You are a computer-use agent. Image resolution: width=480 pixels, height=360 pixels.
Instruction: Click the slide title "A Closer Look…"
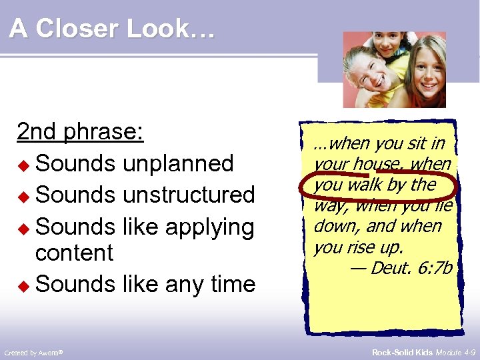click(x=112, y=29)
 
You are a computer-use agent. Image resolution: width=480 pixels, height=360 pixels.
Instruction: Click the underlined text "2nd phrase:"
click(x=80, y=132)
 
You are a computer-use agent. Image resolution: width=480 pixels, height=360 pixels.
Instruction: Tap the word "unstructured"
click(x=189, y=195)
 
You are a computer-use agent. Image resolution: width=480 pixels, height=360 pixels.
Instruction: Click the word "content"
click(x=74, y=253)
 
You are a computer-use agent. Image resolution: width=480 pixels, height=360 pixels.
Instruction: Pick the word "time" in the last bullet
click(x=231, y=284)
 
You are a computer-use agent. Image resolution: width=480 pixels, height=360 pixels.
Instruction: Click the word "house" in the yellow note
click(x=377, y=163)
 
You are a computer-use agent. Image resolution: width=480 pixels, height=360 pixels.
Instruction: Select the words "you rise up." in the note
click(x=358, y=247)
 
